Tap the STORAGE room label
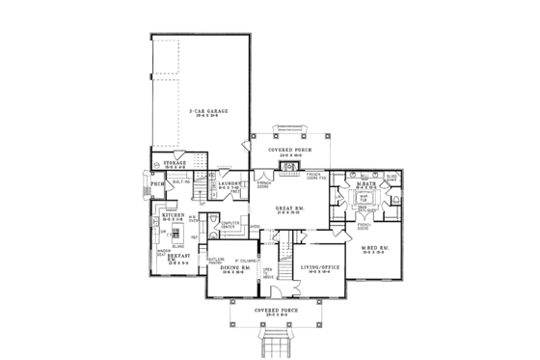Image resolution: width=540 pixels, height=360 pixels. click(175, 164)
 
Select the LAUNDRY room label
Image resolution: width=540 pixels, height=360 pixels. click(229, 183)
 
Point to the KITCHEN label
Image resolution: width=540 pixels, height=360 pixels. click(160, 217)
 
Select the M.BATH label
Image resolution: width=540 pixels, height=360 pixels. click(365, 184)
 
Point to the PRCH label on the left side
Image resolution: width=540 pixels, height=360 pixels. click(157, 183)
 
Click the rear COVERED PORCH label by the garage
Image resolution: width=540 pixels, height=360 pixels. click(288, 150)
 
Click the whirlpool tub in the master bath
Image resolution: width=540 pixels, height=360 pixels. click(365, 199)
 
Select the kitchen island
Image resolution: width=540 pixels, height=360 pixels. click(175, 235)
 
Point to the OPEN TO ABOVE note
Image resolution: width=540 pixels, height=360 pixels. click(267, 271)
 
